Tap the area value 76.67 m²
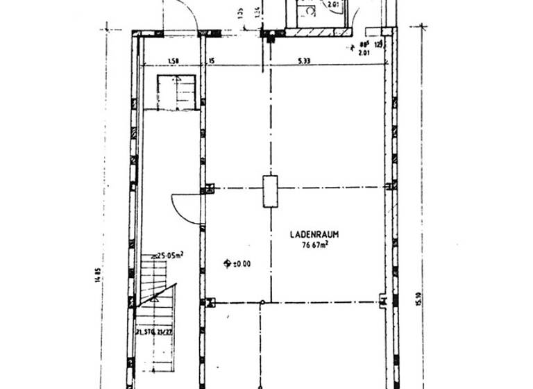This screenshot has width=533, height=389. pyautogui.click(x=314, y=245)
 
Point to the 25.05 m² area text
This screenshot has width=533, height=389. pyautogui.click(x=170, y=256)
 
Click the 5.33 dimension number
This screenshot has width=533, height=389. pyautogui.click(x=305, y=61)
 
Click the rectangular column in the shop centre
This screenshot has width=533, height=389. pyautogui.click(x=270, y=192)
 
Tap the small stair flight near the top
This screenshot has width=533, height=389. pyautogui.click(x=177, y=92)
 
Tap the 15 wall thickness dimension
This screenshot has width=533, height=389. pyautogui.click(x=210, y=61)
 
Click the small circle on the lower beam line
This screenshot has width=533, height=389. pyautogui.click(x=262, y=302)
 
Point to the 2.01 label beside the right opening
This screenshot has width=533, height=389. pyautogui.click(x=363, y=51)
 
